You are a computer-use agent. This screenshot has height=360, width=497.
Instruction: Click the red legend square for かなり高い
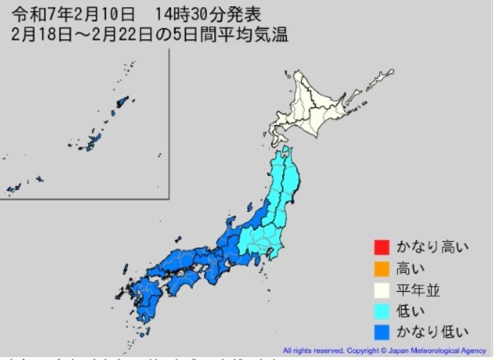point(381,247)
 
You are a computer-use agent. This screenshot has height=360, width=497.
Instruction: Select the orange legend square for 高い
point(381,268)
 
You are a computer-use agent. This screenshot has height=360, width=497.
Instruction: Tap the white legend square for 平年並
point(381,289)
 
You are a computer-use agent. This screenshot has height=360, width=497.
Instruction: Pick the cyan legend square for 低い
point(381,310)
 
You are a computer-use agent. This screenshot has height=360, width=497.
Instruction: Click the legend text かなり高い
point(432,247)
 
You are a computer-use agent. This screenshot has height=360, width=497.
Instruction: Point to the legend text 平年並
point(419,289)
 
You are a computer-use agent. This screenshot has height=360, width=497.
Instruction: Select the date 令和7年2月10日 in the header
point(72,13)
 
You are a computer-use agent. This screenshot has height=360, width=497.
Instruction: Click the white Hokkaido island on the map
point(317,109)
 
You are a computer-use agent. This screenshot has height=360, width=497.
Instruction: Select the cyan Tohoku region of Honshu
point(286,187)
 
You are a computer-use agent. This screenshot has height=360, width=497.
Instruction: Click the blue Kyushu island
point(146,298)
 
